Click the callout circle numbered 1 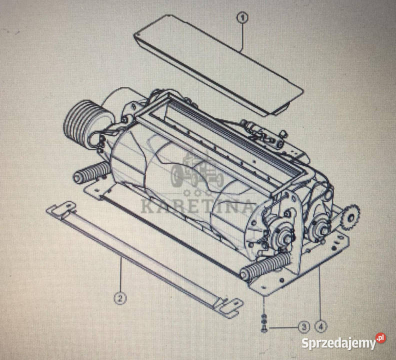click(242, 17)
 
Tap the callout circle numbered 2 click(120, 298)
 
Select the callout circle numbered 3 click(304, 327)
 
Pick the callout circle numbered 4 click(320, 327)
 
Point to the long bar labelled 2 click(144, 259)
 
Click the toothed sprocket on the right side click(351, 217)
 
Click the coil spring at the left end click(91, 172)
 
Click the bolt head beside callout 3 click(264, 329)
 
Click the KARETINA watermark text click(197, 206)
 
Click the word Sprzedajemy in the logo click(338, 343)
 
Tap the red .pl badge click(380, 338)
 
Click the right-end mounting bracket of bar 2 click(228, 307)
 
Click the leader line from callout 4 click(320, 293)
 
